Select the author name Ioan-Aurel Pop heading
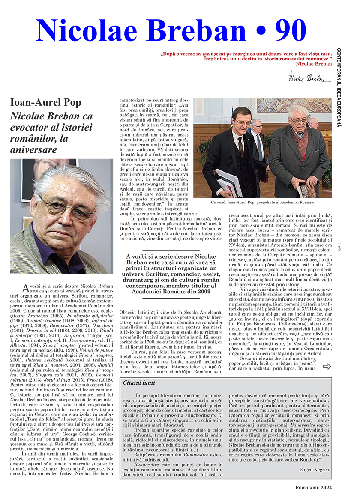[46, 103]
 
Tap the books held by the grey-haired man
[305, 189]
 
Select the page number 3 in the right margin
[339, 248]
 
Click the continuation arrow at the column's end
[327, 366]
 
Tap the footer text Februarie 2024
[313, 487]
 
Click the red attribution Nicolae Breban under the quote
[314, 64]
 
